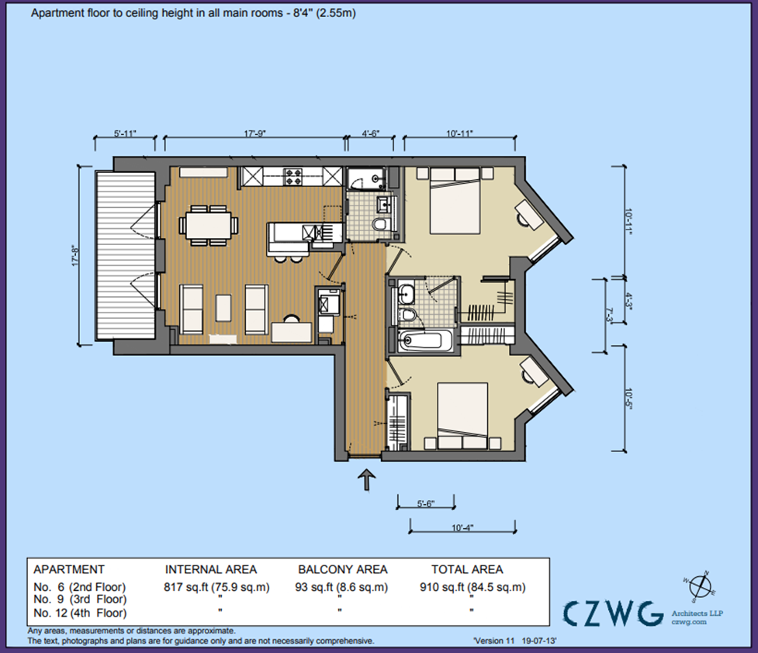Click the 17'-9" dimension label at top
pos(254,133)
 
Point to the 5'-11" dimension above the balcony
pos(124,133)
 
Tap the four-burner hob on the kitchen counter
pos(293,177)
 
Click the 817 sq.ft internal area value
pos(216,587)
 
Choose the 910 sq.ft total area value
pos(471,587)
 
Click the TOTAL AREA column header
pos(468,569)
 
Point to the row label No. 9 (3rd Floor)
pos(79,599)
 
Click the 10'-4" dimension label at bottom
pos(461,527)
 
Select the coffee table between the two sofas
pos(223,306)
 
